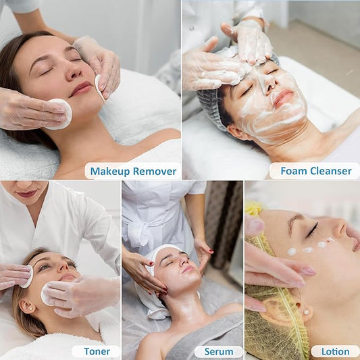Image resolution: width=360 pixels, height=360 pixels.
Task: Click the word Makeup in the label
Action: (110, 172)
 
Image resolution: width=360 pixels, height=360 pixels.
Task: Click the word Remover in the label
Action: (155, 172)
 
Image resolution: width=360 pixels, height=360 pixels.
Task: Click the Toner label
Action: (97, 351)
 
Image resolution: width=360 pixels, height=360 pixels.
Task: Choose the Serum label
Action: (219, 351)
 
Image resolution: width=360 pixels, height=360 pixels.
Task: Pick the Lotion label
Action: (336, 351)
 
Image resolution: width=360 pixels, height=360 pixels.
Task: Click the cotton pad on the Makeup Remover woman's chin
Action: (59, 113)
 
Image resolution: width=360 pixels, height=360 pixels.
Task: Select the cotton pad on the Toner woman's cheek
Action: (47, 294)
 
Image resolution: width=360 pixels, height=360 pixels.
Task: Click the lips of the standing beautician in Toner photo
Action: (27, 193)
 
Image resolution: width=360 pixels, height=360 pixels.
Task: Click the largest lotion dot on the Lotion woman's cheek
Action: (292, 251)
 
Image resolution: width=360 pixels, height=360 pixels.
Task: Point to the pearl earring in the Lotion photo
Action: (305, 312)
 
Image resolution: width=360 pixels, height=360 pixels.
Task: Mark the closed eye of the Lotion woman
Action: (312, 230)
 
